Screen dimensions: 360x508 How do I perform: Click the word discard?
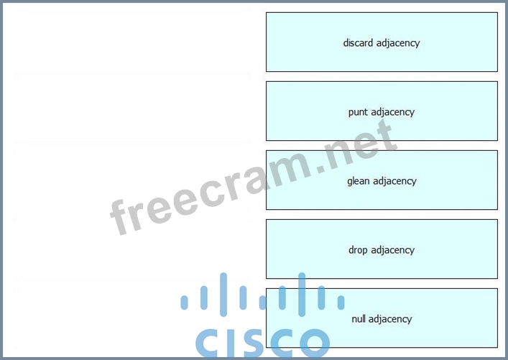coord(358,43)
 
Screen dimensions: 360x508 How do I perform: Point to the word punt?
coord(358,112)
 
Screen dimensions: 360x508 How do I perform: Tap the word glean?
coord(358,181)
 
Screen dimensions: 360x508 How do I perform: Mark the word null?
coord(359,319)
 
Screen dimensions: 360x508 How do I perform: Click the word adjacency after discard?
coord(398,43)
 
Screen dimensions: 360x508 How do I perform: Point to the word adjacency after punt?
coord(392,112)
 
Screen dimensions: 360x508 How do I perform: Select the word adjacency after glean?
coord(394,181)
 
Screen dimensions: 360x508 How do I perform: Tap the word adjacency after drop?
coord(392,250)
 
